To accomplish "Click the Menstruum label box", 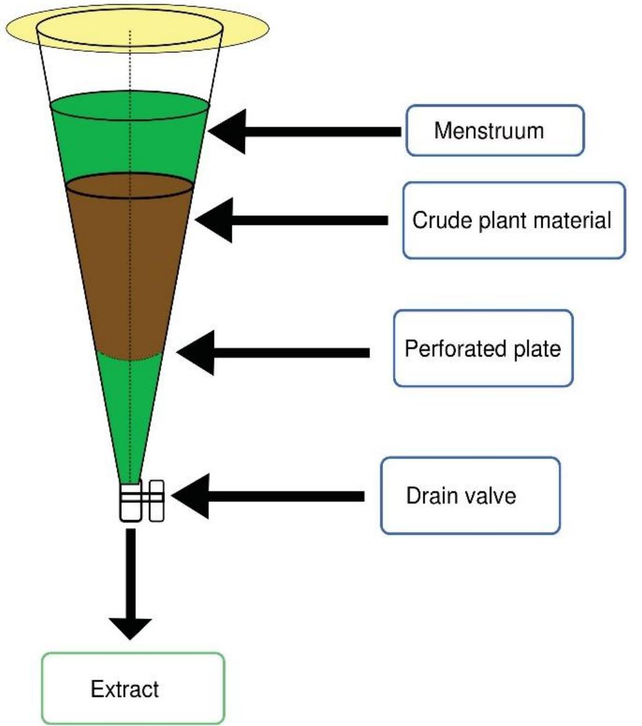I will click(x=494, y=130).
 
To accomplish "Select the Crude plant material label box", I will click(x=513, y=220).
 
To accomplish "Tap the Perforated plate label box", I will click(x=483, y=348).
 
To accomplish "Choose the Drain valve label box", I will click(x=470, y=496).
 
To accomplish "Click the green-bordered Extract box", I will click(x=133, y=688).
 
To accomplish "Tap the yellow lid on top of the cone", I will click(x=247, y=28).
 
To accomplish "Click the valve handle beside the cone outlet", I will click(x=156, y=499).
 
